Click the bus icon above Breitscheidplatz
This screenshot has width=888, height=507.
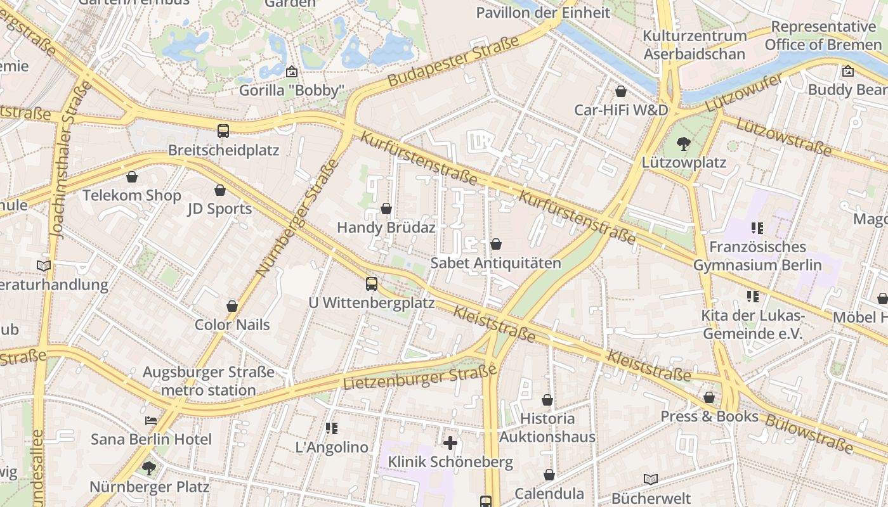(x=223, y=131)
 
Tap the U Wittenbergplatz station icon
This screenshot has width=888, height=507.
(x=372, y=284)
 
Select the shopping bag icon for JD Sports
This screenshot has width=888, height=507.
(x=220, y=190)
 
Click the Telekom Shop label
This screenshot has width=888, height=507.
(x=132, y=195)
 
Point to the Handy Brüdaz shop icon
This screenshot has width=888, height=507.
(x=386, y=209)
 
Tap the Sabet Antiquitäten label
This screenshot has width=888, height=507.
(x=495, y=262)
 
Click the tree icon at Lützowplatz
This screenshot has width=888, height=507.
(x=683, y=144)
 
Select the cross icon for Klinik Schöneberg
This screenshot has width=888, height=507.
(x=450, y=442)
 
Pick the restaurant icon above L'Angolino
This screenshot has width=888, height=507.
(x=331, y=428)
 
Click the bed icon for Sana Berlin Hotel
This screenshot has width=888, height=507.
(x=150, y=420)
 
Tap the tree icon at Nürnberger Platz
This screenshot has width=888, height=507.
(x=148, y=468)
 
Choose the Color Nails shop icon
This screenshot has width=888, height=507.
(x=232, y=306)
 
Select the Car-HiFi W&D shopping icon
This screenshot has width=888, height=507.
(x=621, y=91)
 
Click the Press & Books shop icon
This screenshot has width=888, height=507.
(x=709, y=397)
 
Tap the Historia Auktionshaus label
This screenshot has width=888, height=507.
(x=547, y=427)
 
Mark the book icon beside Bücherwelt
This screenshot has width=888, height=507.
(x=650, y=479)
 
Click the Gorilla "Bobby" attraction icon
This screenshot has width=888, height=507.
(x=292, y=72)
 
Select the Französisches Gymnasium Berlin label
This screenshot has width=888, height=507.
(x=757, y=255)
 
